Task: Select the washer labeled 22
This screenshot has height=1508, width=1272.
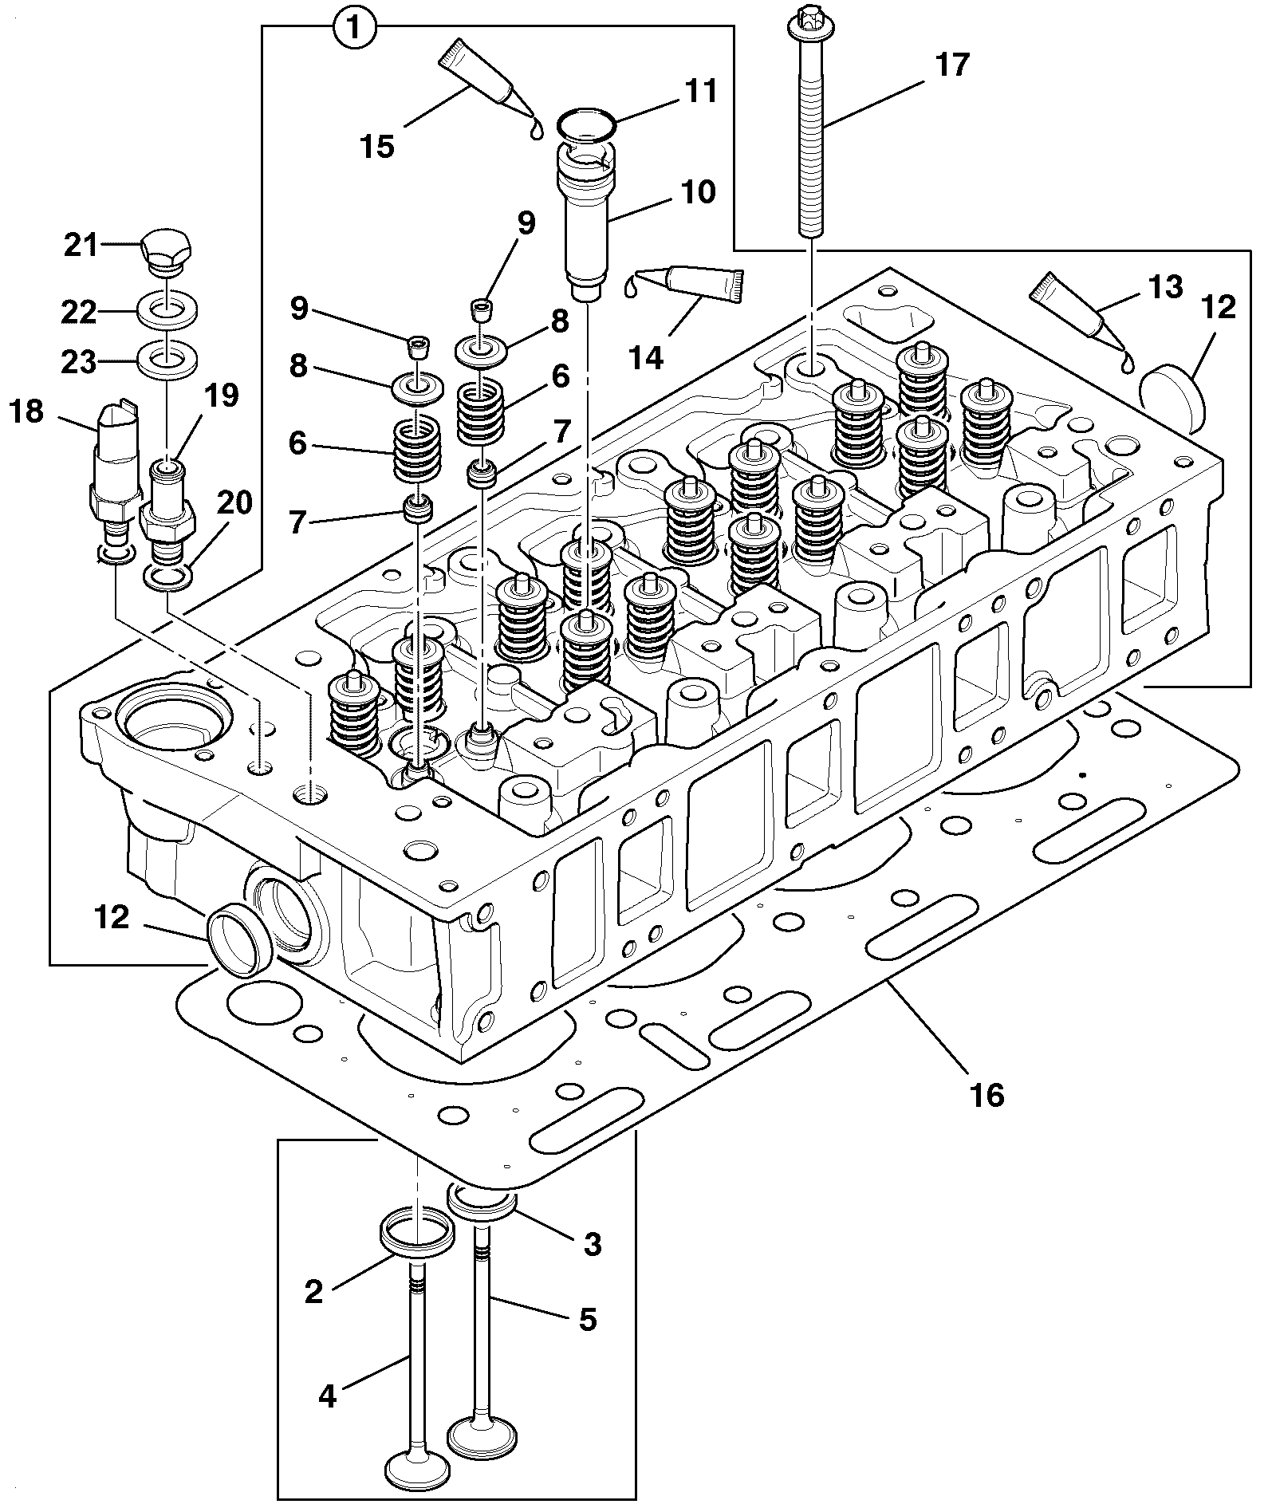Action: pyautogui.click(x=167, y=309)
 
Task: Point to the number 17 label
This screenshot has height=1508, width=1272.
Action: pyautogui.click(x=951, y=65)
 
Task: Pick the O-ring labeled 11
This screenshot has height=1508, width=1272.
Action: pyautogui.click(x=586, y=125)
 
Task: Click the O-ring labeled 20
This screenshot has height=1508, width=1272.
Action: pyautogui.click(x=167, y=576)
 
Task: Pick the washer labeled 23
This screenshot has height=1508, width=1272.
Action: pyautogui.click(x=167, y=358)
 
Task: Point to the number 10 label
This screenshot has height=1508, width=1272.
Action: pyautogui.click(x=698, y=192)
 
